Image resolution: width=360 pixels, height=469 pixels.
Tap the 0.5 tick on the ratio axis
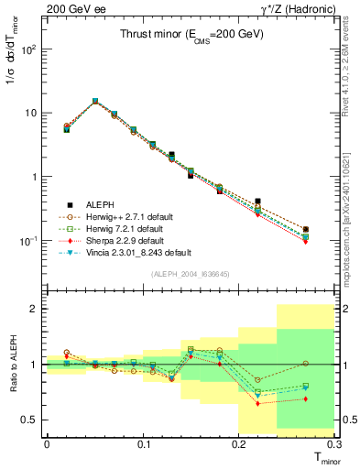[x=30, y=420]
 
